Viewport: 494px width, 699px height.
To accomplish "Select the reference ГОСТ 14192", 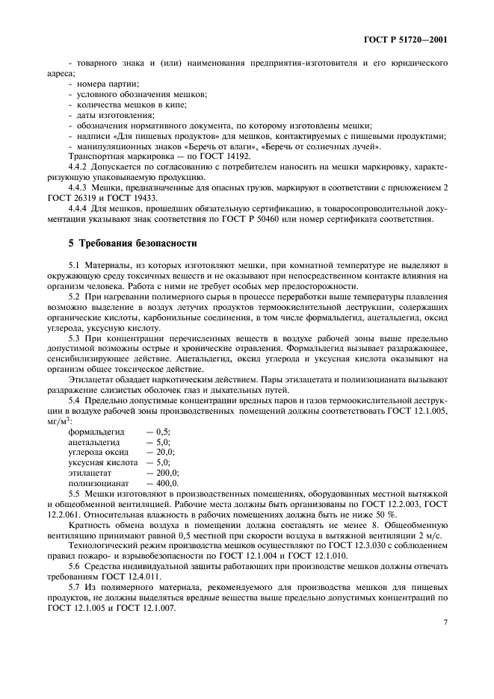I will click(226, 156).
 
